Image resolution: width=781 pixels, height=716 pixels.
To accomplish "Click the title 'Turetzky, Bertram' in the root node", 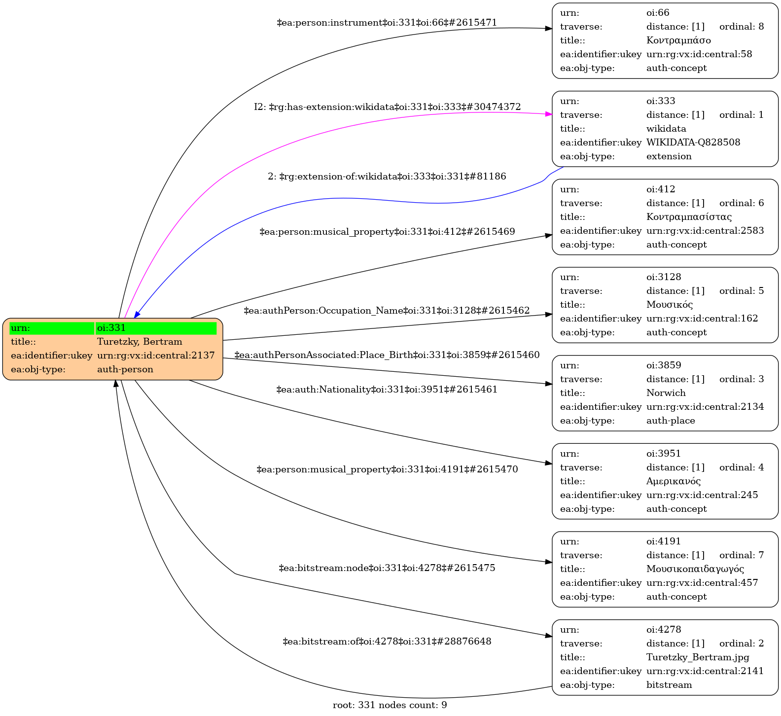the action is click(140, 342).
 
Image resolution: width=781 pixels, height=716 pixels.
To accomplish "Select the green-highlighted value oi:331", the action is click(111, 328).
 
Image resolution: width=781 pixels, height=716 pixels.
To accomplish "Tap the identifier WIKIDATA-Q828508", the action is click(693, 143).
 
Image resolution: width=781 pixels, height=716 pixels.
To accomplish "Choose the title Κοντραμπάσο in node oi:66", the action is click(678, 40).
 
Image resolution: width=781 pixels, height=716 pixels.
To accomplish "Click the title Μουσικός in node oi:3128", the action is click(670, 305).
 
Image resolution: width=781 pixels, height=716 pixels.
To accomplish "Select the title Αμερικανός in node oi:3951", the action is click(674, 481).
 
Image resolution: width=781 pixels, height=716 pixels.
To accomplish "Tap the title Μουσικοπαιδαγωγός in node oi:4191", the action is click(695, 569).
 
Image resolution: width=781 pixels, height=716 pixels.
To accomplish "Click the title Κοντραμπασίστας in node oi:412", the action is click(689, 217).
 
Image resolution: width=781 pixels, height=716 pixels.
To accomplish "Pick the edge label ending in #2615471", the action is click(387, 23).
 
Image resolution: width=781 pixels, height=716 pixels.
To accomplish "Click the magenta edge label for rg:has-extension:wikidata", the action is click(388, 107).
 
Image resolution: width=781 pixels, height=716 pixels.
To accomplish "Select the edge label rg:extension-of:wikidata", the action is click(387, 177).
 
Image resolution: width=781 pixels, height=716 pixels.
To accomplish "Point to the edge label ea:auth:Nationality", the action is click(387, 390).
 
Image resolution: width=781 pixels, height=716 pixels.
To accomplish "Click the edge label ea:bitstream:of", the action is click(387, 642).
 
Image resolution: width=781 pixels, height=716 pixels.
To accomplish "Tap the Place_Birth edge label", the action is click(387, 355).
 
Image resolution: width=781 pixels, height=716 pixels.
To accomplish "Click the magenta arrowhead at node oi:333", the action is click(548, 114).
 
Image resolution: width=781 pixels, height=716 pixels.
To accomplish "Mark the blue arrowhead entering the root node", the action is click(137, 314).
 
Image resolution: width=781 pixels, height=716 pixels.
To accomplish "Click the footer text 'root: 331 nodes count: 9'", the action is click(390, 705).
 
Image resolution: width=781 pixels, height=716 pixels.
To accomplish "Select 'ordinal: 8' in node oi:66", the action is click(742, 27).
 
